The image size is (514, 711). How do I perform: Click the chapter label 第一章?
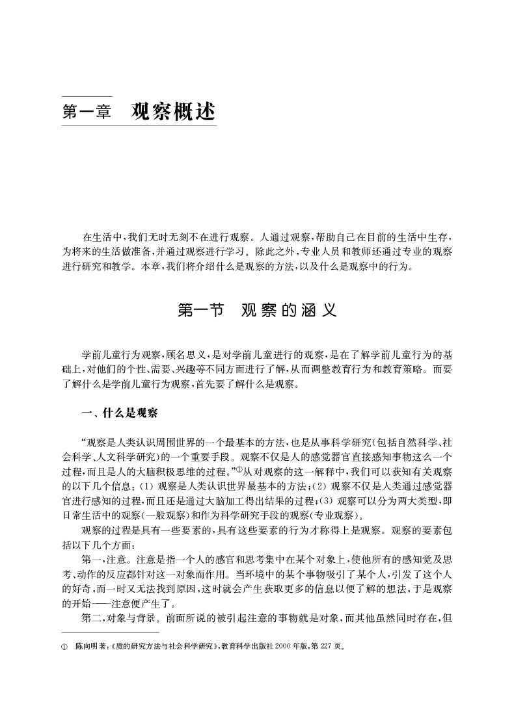point(87,111)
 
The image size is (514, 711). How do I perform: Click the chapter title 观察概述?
point(172,111)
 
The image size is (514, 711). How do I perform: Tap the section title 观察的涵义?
point(288,310)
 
